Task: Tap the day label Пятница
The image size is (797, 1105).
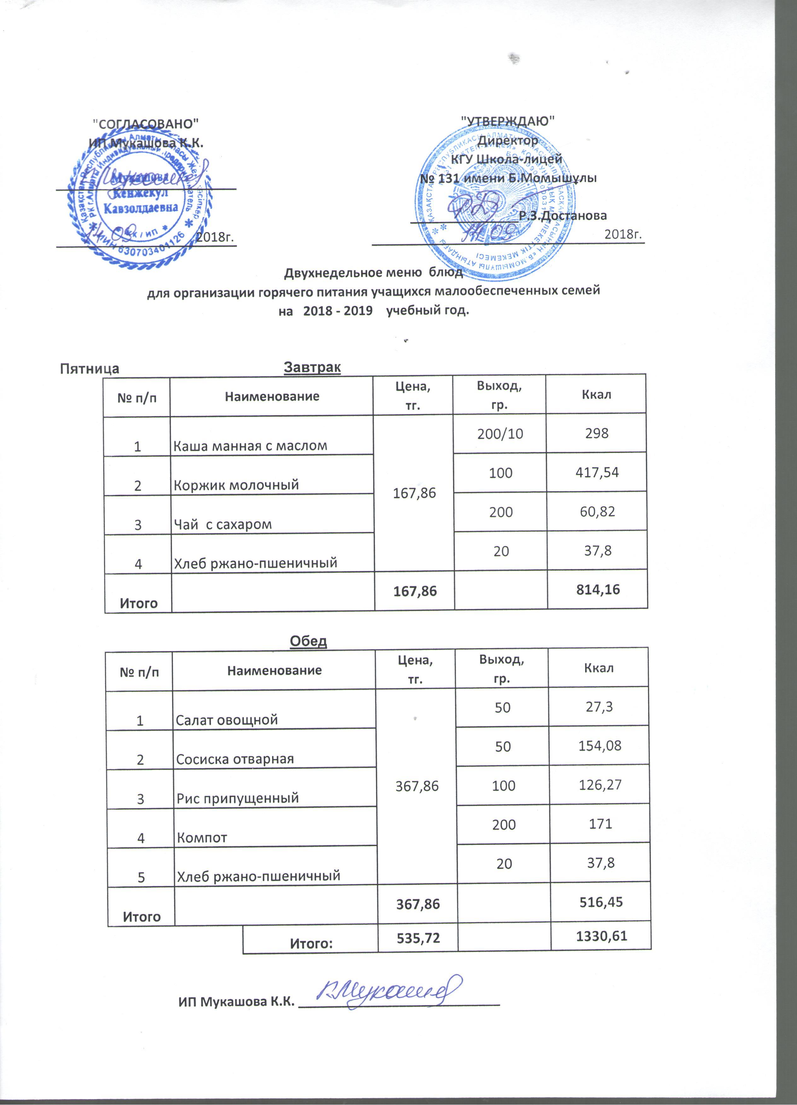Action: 89,368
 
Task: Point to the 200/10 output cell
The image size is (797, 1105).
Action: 500,433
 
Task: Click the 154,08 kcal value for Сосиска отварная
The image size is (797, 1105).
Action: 600,745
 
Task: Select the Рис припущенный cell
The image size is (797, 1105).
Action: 237,798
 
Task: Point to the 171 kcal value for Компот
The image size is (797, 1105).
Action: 600,824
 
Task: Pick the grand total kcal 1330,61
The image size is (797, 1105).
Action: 601,936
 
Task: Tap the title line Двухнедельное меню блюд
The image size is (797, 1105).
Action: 373,272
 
